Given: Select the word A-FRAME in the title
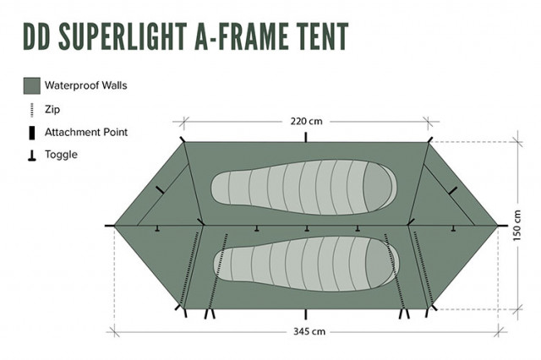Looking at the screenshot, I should point(244,36).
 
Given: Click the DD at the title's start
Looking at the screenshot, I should point(38,36).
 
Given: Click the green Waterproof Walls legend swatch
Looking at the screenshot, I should point(31,85).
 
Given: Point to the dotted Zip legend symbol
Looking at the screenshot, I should point(31,109).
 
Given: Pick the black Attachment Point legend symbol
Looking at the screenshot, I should point(31,133).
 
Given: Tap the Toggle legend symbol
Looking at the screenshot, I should point(31,155).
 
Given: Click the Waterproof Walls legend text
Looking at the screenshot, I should point(85,85).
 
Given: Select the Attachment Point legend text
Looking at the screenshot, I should point(85,133).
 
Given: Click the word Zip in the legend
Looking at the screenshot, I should point(52,109).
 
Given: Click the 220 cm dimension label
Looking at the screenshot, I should point(306,121).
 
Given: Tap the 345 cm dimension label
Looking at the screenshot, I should point(308,331).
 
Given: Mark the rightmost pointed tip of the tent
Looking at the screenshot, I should point(499,226).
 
